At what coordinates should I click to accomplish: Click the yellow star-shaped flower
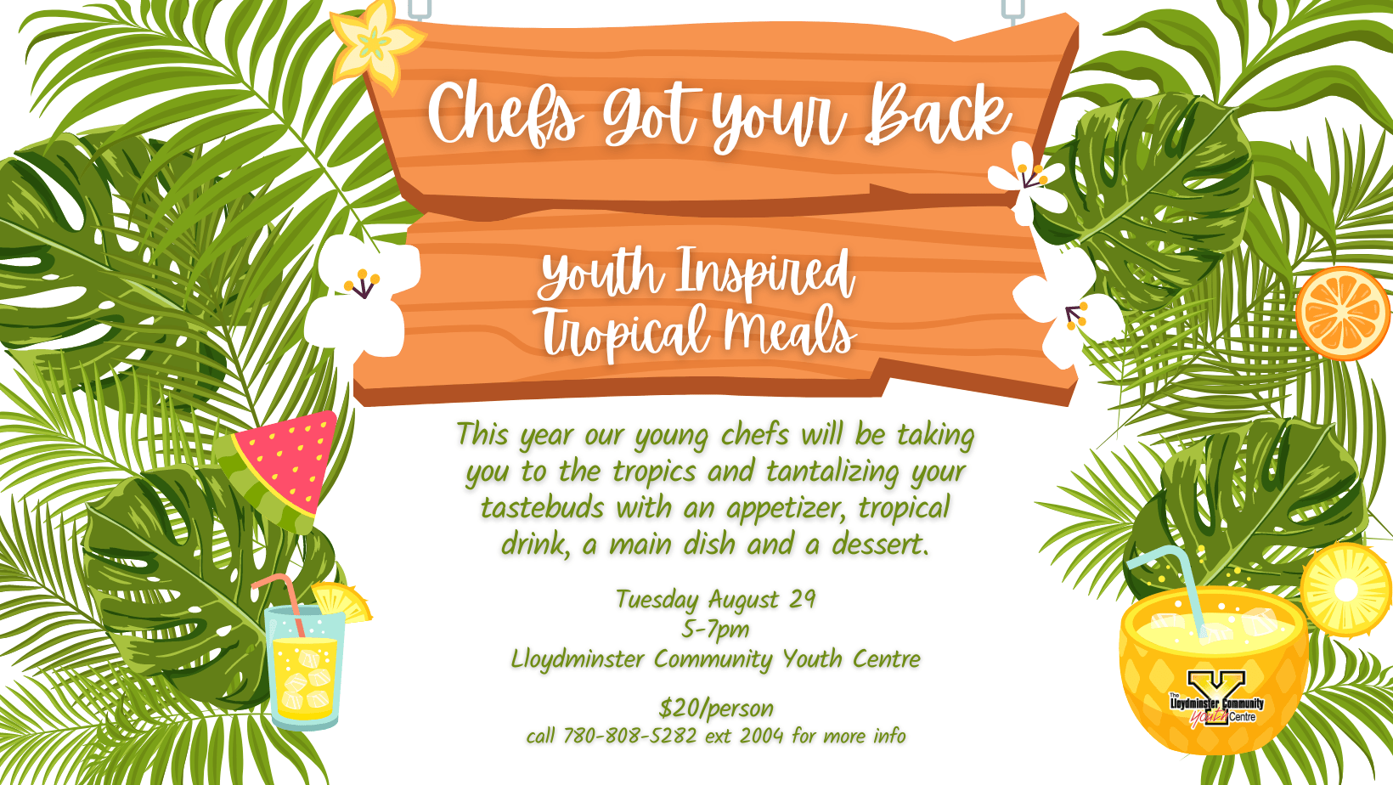(374, 45)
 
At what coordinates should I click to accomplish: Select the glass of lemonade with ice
(304, 665)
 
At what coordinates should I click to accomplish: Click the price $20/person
(716, 709)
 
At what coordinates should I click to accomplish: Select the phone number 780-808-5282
(629, 737)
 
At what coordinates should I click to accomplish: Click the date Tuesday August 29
(716, 600)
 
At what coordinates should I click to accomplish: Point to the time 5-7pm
(715, 630)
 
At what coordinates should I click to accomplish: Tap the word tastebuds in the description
(542, 508)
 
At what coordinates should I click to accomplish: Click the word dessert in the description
(880, 545)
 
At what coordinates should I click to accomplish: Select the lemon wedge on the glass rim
(341, 602)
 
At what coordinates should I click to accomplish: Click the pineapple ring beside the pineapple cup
(1345, 590)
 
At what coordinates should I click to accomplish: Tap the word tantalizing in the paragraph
(832, 472)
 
